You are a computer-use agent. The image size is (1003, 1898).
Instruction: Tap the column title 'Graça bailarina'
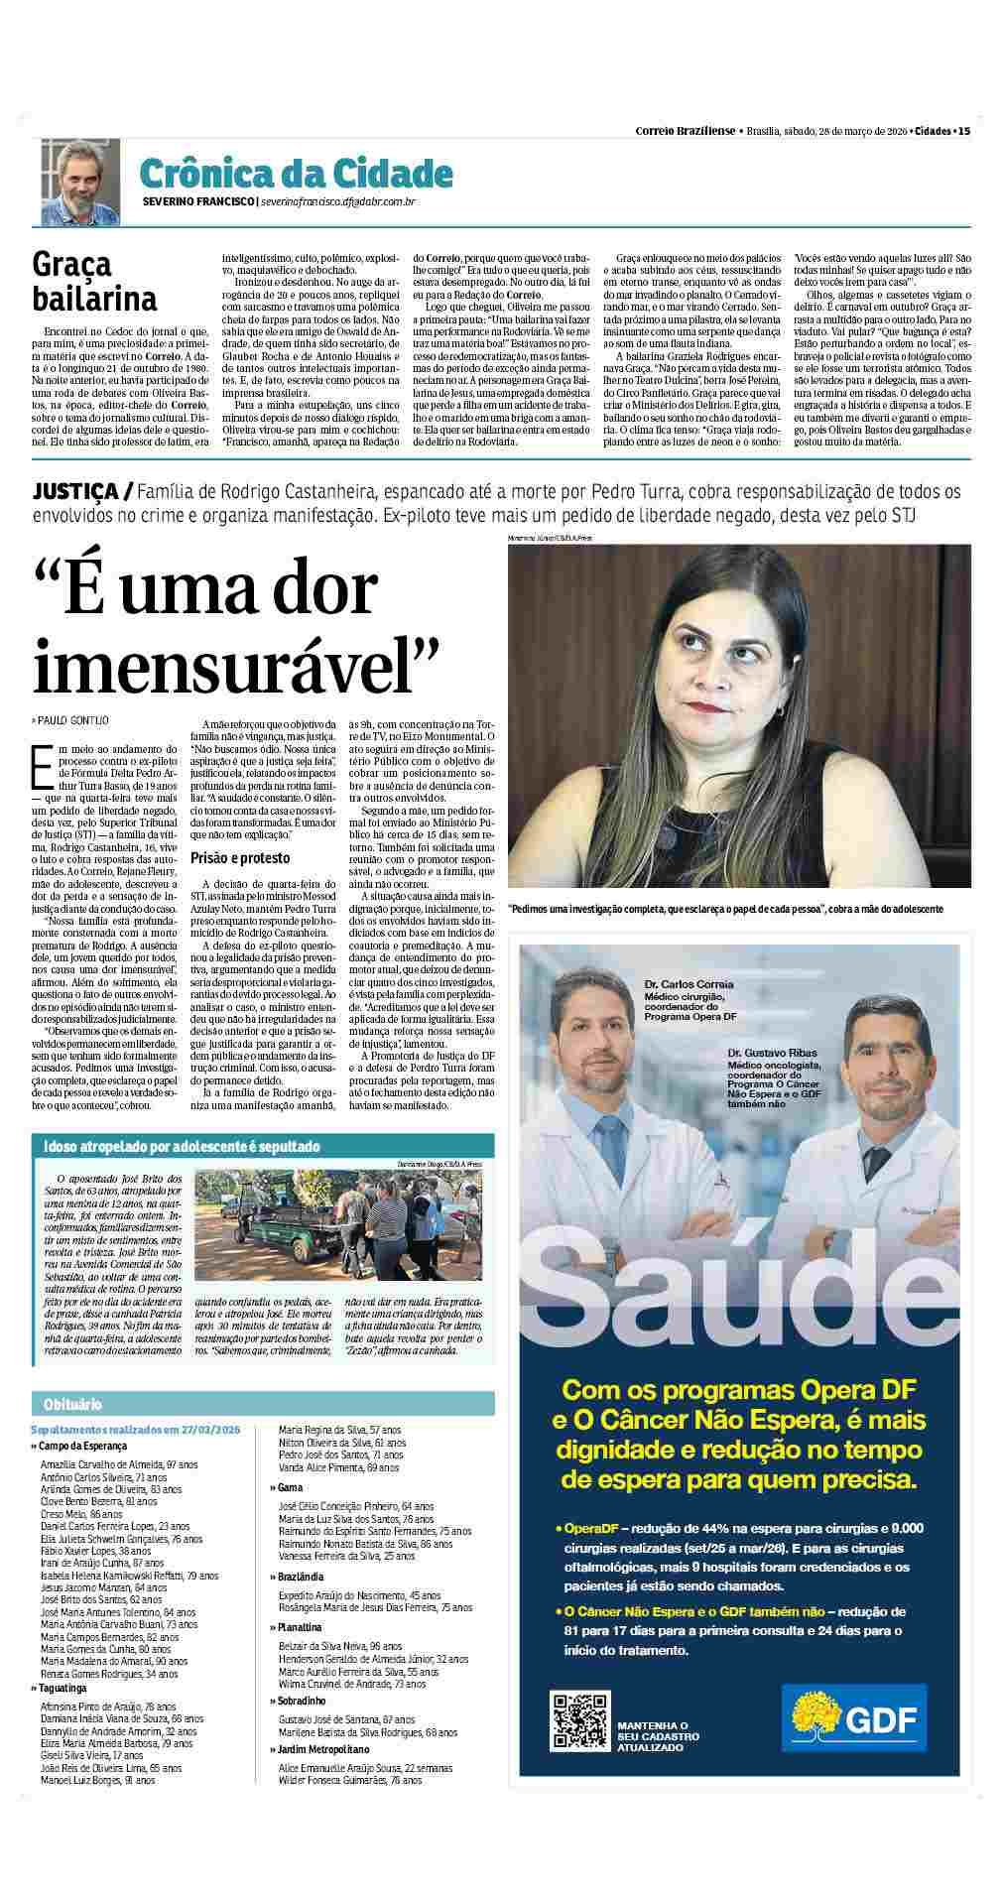pyautogui.click(x=94, y=281)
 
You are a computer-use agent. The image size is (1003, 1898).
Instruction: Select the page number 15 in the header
pyautogui.click(x=963, y=130)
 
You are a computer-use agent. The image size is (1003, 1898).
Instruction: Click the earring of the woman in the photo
pyautogui.click(x=779, y=710)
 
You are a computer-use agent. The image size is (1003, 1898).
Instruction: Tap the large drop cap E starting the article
pyautogui.click(x=43, y=764)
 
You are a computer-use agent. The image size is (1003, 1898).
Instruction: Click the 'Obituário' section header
pyautogui.click(x=72, y=1404)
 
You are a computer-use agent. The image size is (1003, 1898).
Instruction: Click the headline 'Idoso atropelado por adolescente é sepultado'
pyautogui.click(x=182, y=1147)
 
